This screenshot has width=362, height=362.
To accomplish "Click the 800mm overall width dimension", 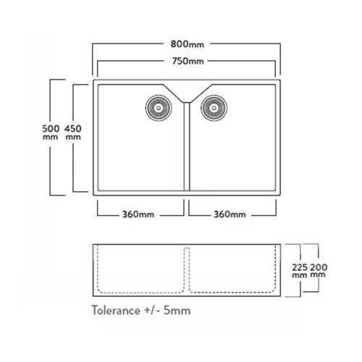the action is click(188, 44).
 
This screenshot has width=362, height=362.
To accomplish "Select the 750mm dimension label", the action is click(188, 61).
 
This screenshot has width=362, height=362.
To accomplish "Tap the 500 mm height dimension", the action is click(51, 132).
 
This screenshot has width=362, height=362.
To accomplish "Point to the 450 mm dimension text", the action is click(73, 132).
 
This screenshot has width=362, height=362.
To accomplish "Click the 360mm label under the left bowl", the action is click(138, 214).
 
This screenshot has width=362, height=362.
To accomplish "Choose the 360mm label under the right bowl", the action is click(230, 214).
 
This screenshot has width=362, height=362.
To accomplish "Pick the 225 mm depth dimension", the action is click(300, 271).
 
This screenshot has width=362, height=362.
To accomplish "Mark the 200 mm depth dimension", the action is click(319, 271).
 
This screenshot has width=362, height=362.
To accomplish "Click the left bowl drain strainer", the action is click(159, 108).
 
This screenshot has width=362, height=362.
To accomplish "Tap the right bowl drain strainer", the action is click(214, 108).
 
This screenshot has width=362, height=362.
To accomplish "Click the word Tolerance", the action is click(116, 310).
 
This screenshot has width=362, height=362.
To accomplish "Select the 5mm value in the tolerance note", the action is click(177, 311).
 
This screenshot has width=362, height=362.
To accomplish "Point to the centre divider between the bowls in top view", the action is click(187, 146).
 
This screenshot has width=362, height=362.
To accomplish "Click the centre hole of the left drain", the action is click(159, 108).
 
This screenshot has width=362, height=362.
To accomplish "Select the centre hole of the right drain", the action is click(214, 108).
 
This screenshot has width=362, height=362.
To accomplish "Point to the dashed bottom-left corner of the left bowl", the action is click(100, 290).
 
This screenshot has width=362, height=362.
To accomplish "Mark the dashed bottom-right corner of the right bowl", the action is click(273, 290).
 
